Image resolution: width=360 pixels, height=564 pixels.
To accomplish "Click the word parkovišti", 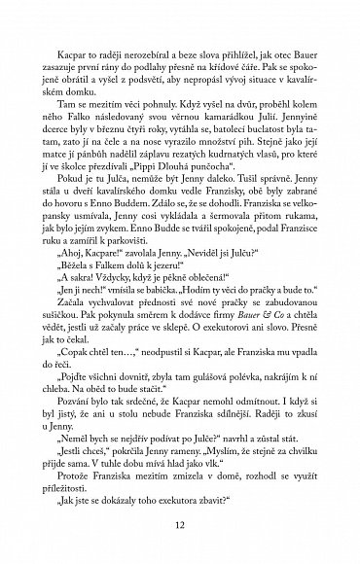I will coord(138,268).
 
